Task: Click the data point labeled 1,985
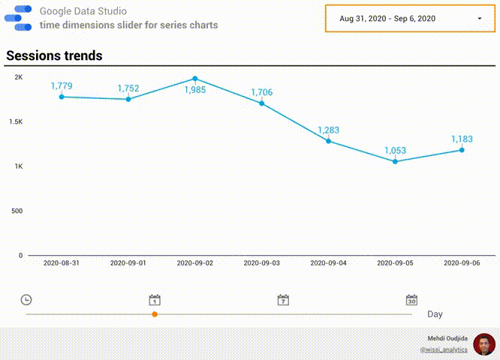coord(195,79)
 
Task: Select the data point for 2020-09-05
coord(395,161)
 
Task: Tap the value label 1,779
coord(62,86)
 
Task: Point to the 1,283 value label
coord(328,130)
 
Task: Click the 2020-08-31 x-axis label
coord(62,263)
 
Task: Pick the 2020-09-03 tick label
coord(262,263)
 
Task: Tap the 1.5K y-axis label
coord(15,121)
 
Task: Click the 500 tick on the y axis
coord(17,211)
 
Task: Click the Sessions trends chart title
coord(54,56)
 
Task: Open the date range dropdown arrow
coord(480,18)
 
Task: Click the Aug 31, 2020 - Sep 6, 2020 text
coord(387,18)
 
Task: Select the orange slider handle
coord(155,314)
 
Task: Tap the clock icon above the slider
coord(26,300)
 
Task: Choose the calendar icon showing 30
coord(411,300)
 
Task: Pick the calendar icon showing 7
coord(283,300)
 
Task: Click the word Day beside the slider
coord(435,314)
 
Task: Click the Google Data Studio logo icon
coord(23,18)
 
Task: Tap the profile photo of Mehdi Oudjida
coord(484,344)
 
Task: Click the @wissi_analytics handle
coord(444,349)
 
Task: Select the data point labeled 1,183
coord(462,150)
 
